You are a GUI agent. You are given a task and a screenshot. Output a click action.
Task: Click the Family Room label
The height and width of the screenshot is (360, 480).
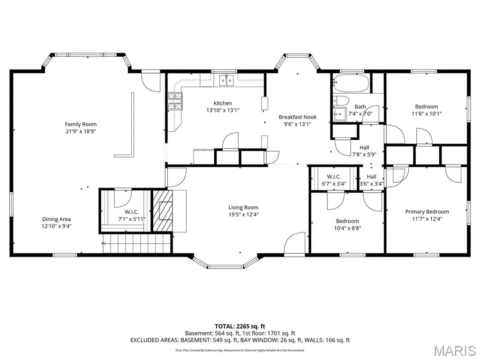click(x=81, y=124)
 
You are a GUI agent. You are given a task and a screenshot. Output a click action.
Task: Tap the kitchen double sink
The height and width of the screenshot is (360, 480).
click(x=226, y=80)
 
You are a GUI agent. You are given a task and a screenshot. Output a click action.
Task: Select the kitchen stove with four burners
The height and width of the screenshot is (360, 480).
click(x=175, y=101)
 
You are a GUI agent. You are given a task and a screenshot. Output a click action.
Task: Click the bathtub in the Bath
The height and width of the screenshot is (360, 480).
click(x=351, y=83)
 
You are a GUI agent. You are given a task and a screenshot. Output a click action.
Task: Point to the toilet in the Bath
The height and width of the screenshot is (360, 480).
click(x=341, y=101)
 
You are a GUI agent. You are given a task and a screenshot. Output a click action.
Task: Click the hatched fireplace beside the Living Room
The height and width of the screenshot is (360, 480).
click(x=163, y=211)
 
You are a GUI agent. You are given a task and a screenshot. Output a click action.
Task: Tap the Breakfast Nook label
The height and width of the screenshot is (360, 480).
click(x=298, y=117)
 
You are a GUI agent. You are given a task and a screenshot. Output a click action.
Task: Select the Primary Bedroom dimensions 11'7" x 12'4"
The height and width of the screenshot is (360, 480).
click(x=427, y=219)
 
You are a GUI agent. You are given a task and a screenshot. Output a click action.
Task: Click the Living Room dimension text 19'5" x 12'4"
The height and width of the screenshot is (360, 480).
click(x=243, y=215)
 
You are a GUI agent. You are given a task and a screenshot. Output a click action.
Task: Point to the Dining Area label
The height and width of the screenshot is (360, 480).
click(x=56, y=219)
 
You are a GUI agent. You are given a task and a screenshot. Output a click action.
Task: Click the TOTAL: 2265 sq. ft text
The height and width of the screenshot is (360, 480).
click(x=240, y=326)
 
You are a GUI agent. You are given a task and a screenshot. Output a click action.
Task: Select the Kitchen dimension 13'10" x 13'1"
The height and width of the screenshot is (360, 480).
click(x=223, y=110)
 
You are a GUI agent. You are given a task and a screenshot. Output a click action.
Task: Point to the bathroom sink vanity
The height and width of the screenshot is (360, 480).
click(x=340, y=114)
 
